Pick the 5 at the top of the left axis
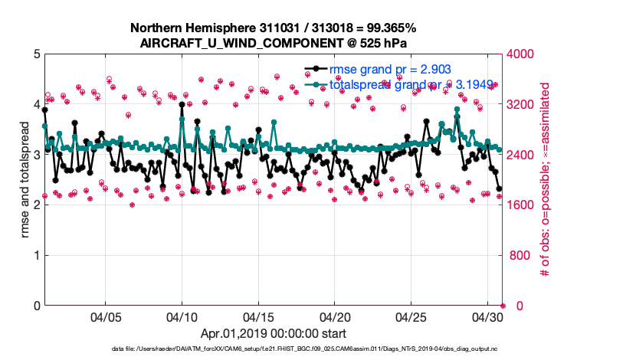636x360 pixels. (36, 54)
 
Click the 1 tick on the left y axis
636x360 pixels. (36, 255)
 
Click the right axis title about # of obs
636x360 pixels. (546, 180)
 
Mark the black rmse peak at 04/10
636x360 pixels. (182, 104)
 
